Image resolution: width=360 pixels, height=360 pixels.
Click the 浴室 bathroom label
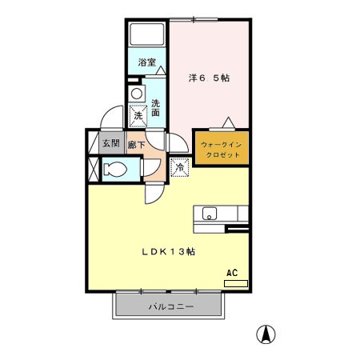coord(146,62)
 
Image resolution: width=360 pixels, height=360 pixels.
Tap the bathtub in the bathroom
coord(147,35)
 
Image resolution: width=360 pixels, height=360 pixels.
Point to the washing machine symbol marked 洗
coord(138,116)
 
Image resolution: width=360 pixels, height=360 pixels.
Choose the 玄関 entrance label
coord(110,144)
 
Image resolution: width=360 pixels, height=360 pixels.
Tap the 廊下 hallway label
coord(136,145)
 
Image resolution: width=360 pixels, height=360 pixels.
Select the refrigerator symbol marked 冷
coord(180,167)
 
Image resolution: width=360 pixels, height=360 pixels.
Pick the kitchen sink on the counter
coord(210,214)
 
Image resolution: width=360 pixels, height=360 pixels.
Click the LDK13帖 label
coord(170,251)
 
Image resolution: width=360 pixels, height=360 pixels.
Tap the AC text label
coord(233,273)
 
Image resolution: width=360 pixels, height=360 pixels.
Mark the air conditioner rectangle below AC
coord(236,283)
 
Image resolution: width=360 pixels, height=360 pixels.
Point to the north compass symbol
coord(262,334)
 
